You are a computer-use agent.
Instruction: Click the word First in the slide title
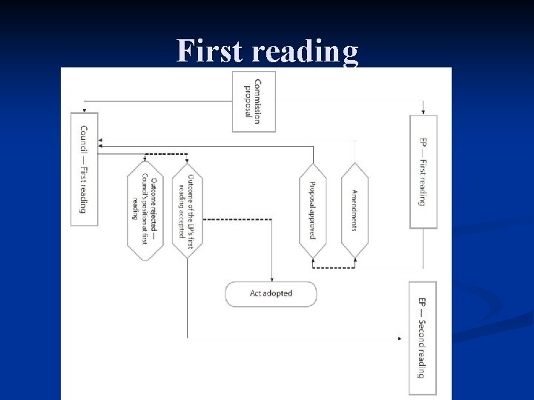tap(211, 52)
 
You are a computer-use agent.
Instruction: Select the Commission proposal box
tap(254, 101)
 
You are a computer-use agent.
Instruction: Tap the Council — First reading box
tap(84, 169)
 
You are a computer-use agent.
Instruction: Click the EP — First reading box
tap(423, 172)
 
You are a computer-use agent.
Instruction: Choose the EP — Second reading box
tap(423, 338)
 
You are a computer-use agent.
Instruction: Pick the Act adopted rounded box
tap(271, 293)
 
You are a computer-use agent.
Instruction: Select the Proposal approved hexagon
tap(313, 210)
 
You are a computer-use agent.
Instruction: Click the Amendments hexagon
tap(355, 210)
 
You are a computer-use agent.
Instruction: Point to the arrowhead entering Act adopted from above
tap(271, 277)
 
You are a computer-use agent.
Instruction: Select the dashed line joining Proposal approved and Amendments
tap(334, 267)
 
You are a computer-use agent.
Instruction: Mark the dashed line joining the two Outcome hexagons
tap(165, 154)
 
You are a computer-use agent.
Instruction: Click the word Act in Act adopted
tap(257, 293)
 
